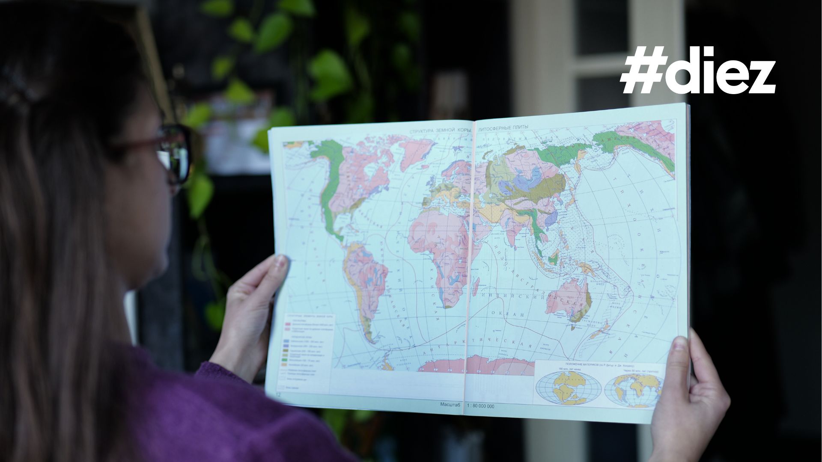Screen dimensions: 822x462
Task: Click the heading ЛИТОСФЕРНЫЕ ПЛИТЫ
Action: tap(503, 127)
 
